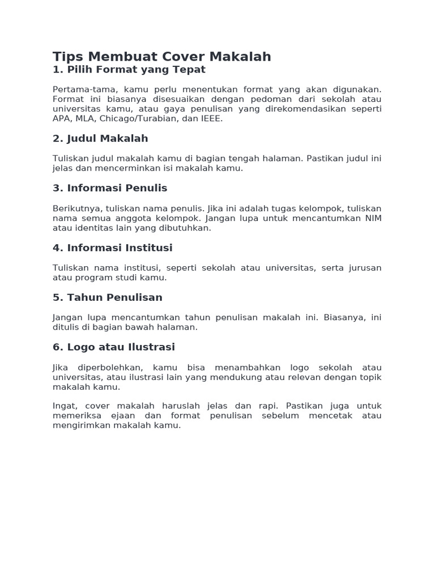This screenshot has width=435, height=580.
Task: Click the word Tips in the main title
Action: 67,57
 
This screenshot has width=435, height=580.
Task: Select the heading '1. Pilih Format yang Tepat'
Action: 129,70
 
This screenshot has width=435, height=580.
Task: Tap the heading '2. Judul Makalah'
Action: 100,139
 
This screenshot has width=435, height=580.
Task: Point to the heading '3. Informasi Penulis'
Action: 110,188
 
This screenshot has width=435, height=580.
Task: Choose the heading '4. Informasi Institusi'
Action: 112,248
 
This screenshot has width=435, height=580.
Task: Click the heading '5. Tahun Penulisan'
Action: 107,297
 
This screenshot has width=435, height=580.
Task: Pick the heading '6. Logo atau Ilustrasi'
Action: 113,347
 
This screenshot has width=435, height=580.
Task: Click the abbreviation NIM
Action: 373,218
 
